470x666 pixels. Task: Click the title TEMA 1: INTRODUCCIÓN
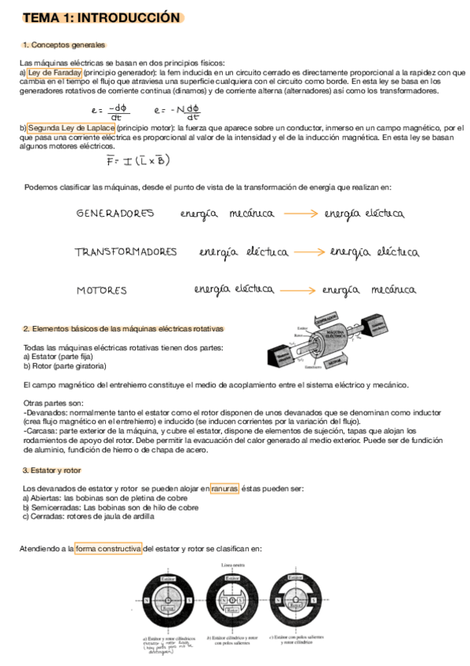101,18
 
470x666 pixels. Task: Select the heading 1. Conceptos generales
64,45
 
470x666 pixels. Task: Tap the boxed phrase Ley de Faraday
54,72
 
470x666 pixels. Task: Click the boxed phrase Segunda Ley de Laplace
71,128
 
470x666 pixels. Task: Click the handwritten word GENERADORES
115,214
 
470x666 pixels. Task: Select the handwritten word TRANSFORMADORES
126,252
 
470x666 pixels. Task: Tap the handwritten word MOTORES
101,291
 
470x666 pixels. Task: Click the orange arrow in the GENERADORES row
303,213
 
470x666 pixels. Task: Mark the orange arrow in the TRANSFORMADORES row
309,252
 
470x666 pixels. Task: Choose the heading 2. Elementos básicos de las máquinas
123,329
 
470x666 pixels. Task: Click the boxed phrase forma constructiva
108,549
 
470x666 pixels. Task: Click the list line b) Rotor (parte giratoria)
64,366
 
